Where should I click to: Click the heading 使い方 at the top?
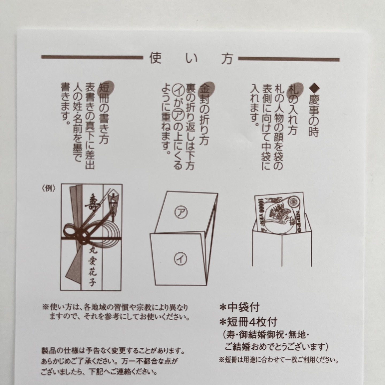tap(191, 59)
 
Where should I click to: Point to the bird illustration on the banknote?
tap(280, 216)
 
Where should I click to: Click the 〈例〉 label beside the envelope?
tap(49, 188)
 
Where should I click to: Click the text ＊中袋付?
tap(239, 313)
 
